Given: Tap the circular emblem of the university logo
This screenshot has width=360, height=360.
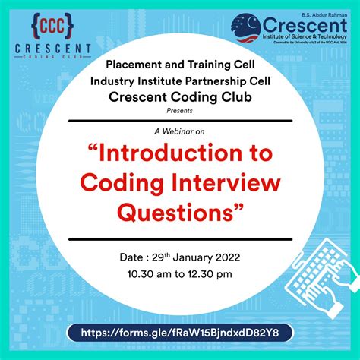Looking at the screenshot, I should (254, 30).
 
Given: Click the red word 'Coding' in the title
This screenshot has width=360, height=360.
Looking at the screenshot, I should (122, 182).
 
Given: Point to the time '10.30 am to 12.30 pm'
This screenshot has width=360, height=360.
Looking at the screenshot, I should (180, 271).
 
